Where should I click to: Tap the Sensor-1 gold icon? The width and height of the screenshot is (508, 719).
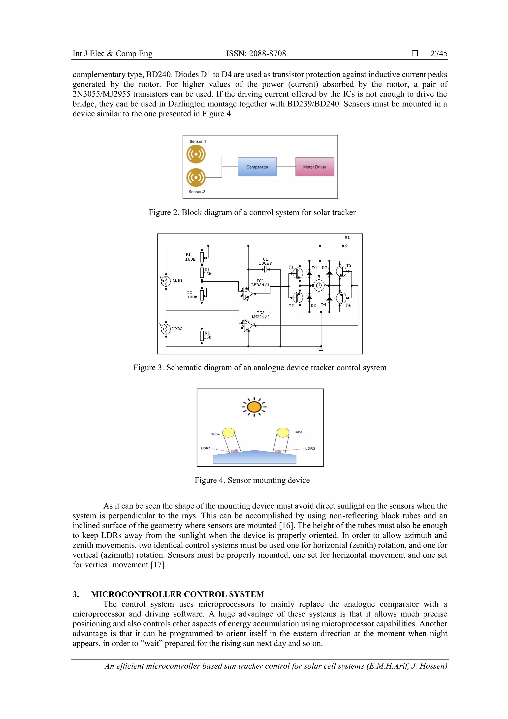pyautogui.click(x=196, y=154)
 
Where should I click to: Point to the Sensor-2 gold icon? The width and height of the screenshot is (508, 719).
pyautogui.click(x=196, y=177)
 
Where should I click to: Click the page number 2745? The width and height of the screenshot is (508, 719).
pyautogui.click(x=439, y=54)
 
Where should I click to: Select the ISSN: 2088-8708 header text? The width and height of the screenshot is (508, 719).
pyautogui.click(x=256, y=54)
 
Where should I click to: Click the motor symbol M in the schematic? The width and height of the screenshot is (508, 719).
pyautogui.click(x=319, y=285)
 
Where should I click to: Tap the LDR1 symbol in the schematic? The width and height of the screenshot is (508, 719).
pyautogui.click(x=166, y=281)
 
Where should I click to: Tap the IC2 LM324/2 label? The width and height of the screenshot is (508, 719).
pyautogui.click(x=260, y=315)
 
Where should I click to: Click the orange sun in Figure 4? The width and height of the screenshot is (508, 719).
pyautogui.click(x=254, y=407)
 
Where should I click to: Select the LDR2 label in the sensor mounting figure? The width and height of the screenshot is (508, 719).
pyautogui.click(x=310, y=448)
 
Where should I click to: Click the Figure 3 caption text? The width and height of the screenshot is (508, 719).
pyautogui.click(x=259, y=367)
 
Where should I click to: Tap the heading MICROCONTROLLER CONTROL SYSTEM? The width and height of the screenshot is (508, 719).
pyautogui.click(x=177, y=594)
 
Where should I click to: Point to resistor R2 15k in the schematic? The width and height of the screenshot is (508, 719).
pyautogui.click(x=202, y=335)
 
